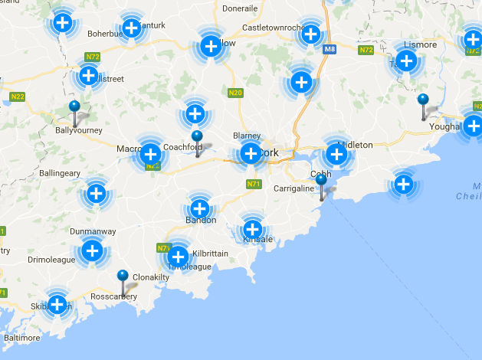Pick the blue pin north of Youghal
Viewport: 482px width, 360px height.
pos(423,100)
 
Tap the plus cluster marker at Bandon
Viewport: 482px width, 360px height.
pos(199,208)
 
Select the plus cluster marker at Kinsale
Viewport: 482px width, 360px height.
pos(252,228)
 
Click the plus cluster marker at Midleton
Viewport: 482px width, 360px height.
pos(336,155)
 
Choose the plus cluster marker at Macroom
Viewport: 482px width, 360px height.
pos(150,154)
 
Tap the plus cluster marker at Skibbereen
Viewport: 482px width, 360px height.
pos(57,304)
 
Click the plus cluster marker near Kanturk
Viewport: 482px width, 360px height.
pos(132,29)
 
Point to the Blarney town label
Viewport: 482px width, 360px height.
pos(247,136)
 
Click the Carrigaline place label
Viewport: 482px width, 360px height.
pos(294,188)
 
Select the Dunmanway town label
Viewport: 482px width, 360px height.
pos(93,231)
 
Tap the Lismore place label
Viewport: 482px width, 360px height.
pos(420,45)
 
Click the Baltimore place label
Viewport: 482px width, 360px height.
pos(21,337)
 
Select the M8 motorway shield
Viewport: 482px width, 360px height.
pos(330,50)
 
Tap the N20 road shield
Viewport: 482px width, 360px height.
pos(235,93)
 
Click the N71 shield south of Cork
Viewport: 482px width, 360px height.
pos(254,185)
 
